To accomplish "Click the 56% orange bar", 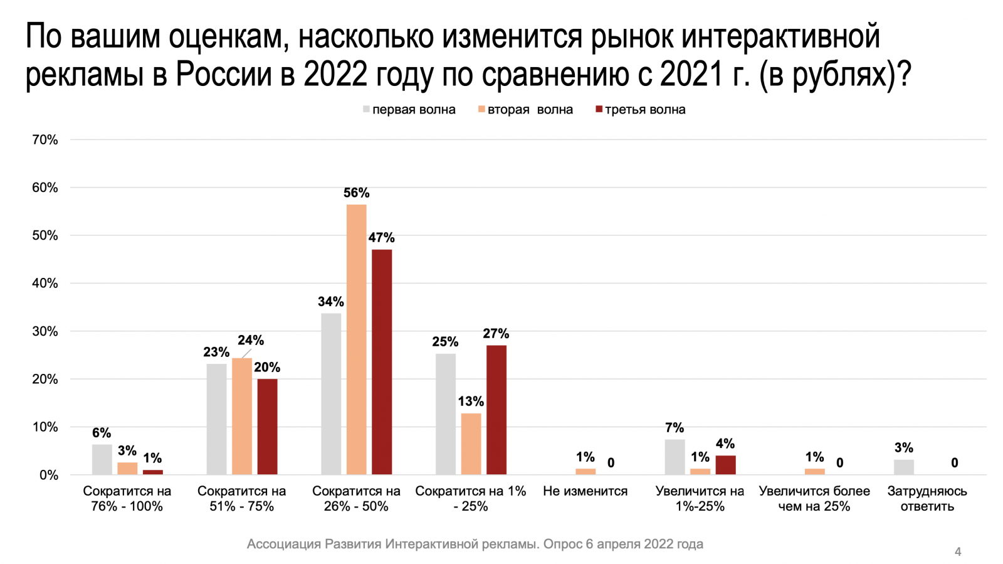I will coord(356,339).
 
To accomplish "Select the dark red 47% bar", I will coord(382,362).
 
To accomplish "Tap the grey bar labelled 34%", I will coord(331,394).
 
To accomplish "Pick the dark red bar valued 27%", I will coord(496,410).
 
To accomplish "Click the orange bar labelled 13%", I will coord(471,444).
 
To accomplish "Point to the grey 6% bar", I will coord(102,459).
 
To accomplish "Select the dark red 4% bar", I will coord(725,465).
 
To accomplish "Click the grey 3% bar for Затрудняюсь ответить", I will coord(903,467).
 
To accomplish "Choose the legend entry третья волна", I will coord(641,110).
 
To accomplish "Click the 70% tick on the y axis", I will coord(45,140).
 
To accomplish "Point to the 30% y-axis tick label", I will coord(45,331).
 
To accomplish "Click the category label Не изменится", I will coord(585,491).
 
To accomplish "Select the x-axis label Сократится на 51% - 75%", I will coord(241,499).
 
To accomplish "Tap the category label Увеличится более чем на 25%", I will coord(814,499).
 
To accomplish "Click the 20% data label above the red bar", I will coord(267,368).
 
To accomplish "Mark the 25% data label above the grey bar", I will coord(445,342).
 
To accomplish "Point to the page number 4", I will coord(957,552).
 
